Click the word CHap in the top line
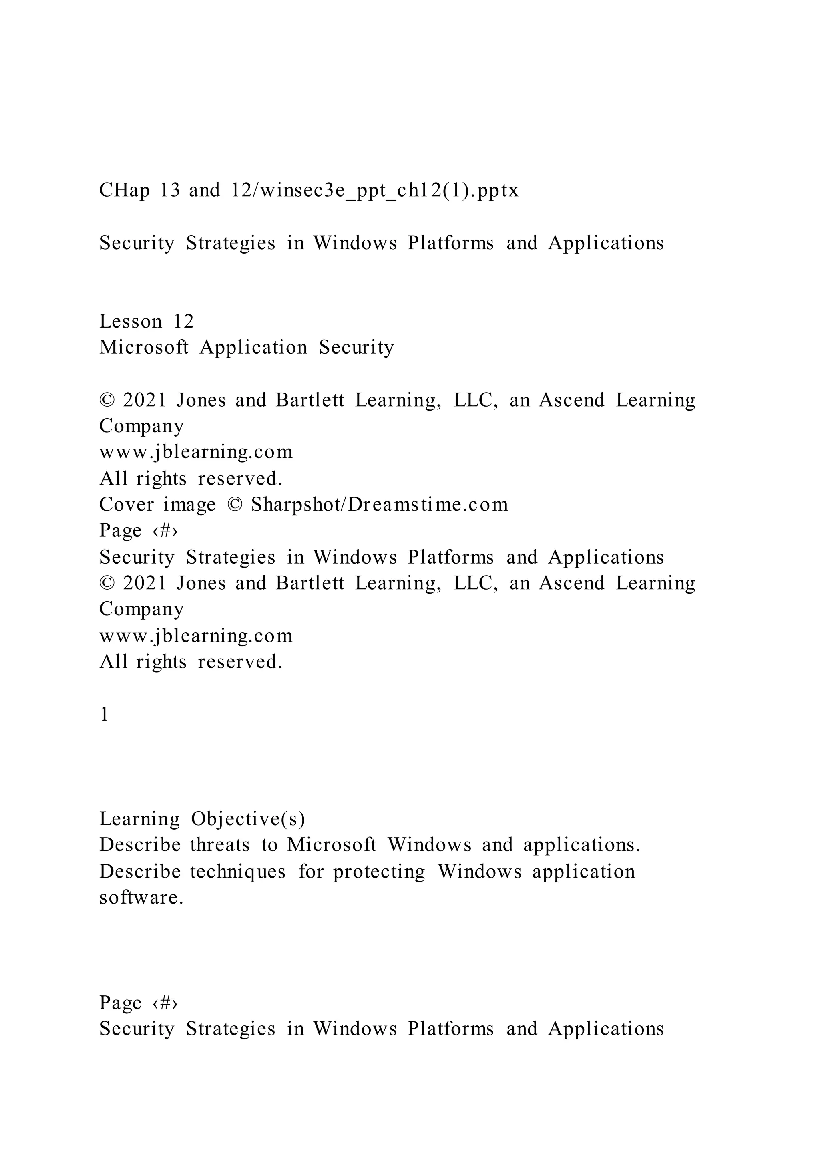[x=124, y=191]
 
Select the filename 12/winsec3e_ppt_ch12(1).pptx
[x=374, y=191]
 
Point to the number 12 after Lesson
[x=184, y=321]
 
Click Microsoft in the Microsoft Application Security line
[x=144, y=348]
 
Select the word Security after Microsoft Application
[x=356, y=348]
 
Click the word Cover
[x=126, y=505]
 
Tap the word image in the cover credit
[x=189, y=505]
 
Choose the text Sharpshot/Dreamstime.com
[x=379, y=505]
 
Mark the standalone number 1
[x=104, y=715]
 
